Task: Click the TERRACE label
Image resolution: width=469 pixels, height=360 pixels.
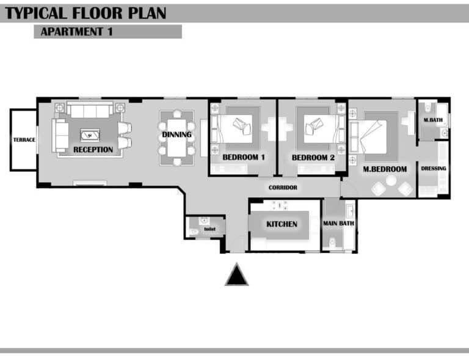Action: [x=24, y=140]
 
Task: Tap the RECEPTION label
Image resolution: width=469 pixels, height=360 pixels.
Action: [x=93, y=150]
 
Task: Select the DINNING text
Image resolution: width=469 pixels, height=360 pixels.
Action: [x=176, y=134]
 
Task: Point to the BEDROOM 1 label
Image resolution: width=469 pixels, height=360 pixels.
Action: [x=244, y=157]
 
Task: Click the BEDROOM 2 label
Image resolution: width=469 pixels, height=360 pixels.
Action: [x=313, y=158]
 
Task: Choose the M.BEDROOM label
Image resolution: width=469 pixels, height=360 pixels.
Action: [x=385, y=169]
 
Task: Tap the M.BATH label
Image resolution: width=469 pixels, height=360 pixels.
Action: [x=433, y=120]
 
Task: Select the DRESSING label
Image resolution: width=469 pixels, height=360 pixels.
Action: [x=434, y=169]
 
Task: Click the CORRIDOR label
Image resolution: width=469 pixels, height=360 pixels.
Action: [x=283, y=188]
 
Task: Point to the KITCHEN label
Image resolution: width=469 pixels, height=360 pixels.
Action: [x=282, y=224]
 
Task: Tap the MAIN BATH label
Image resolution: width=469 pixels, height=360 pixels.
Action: [x=338, y=223]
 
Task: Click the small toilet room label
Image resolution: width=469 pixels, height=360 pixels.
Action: [x=209, y=229]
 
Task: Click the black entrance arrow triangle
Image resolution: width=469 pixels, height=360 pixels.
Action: [x=236, y=274]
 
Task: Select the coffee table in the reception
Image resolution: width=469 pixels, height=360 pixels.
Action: [x=90, y=135]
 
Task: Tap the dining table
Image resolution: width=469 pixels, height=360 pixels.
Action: [x=176, y=138]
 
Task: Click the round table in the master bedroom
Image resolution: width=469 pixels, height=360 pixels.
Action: [x=391, y=181]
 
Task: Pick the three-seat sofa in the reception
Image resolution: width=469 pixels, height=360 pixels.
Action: [x=90, y=109]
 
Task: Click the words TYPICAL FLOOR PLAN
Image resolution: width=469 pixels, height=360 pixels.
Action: [x=85, y=13]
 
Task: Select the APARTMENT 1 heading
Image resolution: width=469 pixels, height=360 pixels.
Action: [x=76, y=32]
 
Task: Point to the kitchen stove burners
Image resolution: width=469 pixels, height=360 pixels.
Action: [x=279, y=205]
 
